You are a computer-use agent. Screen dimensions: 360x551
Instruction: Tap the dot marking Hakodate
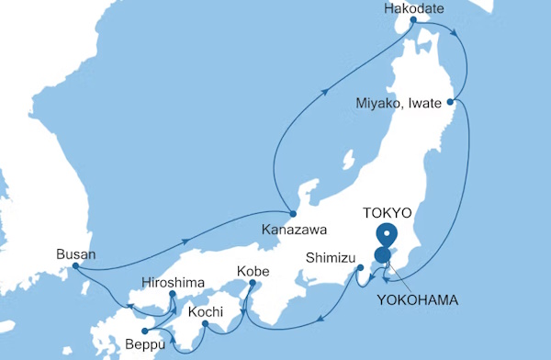pos(412,20)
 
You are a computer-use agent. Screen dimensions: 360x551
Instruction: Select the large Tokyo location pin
pos(387,235)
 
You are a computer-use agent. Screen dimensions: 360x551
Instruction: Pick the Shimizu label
pos(330,257)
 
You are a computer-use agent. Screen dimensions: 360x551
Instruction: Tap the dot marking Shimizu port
pos(360,268)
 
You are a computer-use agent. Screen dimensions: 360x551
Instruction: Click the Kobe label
pos(253,272)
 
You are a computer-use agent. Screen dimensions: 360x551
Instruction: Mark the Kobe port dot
pos(250,285)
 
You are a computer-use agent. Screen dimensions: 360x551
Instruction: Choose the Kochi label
pos(205,313)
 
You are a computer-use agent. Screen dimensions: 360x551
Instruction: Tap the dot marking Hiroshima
pos(173,295)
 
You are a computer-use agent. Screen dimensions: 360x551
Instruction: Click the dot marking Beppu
pos(144,332)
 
